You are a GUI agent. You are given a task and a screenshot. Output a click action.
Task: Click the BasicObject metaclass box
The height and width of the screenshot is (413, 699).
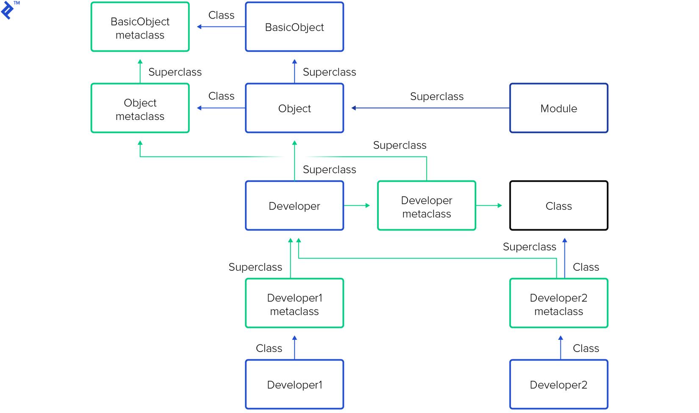pos(140,27)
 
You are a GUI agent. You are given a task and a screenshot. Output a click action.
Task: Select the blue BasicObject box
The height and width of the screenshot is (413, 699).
pos(294,27)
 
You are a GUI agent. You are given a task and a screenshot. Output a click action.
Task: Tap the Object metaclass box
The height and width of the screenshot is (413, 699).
pos(140,108)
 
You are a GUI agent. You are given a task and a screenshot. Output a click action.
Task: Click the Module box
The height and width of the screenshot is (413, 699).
pos(558,108)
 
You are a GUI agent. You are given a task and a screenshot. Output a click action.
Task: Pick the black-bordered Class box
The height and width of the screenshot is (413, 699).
pos(558,206)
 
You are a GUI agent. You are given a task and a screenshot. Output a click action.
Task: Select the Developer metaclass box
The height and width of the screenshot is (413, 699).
pos(426,206)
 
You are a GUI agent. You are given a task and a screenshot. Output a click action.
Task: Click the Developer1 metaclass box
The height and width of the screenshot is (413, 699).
pos(294,303)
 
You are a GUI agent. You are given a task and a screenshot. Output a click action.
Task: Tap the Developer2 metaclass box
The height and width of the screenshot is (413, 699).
pos(558,303)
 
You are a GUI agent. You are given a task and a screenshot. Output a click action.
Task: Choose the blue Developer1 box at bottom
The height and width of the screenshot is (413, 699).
pos(294,385)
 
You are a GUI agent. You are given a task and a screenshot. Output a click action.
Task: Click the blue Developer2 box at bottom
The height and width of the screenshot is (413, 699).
pos(558,385)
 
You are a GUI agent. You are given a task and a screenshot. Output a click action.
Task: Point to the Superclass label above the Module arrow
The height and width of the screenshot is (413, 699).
pos(436,97)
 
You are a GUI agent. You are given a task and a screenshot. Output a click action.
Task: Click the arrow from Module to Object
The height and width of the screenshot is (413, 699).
pos(430,108)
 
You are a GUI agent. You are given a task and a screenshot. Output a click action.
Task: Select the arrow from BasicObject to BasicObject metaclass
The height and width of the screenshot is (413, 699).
pos(221,27)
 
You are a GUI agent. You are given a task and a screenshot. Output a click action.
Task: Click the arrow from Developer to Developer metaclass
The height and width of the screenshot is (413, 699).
pos(357,205)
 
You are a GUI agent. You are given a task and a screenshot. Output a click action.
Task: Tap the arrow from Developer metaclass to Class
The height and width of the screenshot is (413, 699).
pos(489,205)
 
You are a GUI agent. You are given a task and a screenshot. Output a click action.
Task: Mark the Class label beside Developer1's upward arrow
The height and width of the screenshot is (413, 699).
pos(269,348)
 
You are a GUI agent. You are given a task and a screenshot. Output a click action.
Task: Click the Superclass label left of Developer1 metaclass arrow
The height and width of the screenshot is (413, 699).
pos(255,267)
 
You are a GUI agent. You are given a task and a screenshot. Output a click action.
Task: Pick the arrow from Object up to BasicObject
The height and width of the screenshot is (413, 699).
pos(294,71)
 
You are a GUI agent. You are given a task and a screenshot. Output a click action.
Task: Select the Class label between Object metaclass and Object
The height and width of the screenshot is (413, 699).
pos(221,96)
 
